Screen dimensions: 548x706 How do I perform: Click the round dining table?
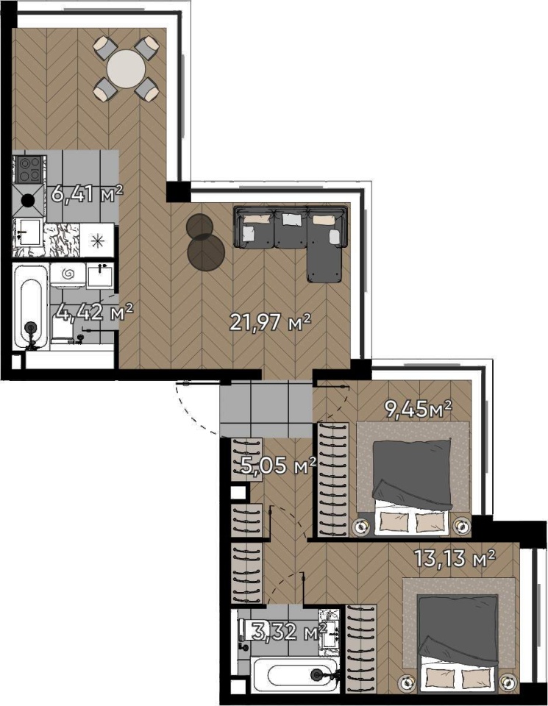[126, 69]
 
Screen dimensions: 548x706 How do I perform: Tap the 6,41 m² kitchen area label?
[87, 194]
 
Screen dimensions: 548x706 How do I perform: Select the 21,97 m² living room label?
[270, 322]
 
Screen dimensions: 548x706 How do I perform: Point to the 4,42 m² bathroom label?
[95, 312]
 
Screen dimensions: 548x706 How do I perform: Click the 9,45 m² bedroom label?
[417, 409]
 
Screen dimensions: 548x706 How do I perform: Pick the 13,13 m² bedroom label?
[455, 558]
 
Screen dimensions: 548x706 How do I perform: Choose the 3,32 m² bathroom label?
[288, 632]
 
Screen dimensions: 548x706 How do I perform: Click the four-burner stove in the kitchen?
[29, 169]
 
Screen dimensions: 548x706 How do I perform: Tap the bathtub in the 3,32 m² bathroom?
[296, 674]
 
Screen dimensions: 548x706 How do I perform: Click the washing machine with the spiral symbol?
[68, 275]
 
